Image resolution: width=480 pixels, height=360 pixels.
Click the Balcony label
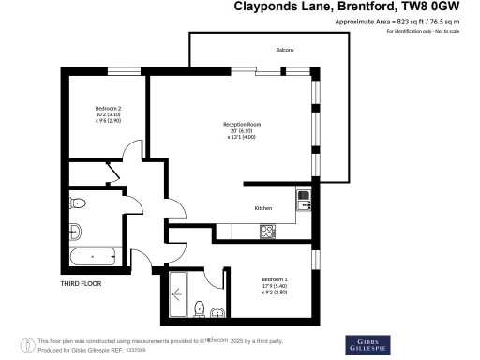tap(285, 50)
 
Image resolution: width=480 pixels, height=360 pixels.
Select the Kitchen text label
tap(263, 207)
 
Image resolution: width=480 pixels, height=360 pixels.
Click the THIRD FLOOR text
tap(81, 282)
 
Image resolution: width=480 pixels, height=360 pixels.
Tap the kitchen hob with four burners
tap(267, 231)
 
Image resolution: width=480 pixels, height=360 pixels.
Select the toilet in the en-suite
tap(199, 308)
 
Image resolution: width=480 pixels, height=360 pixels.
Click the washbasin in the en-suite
tap(217, 312)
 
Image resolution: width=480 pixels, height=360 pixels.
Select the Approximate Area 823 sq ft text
tap(412, 22)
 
